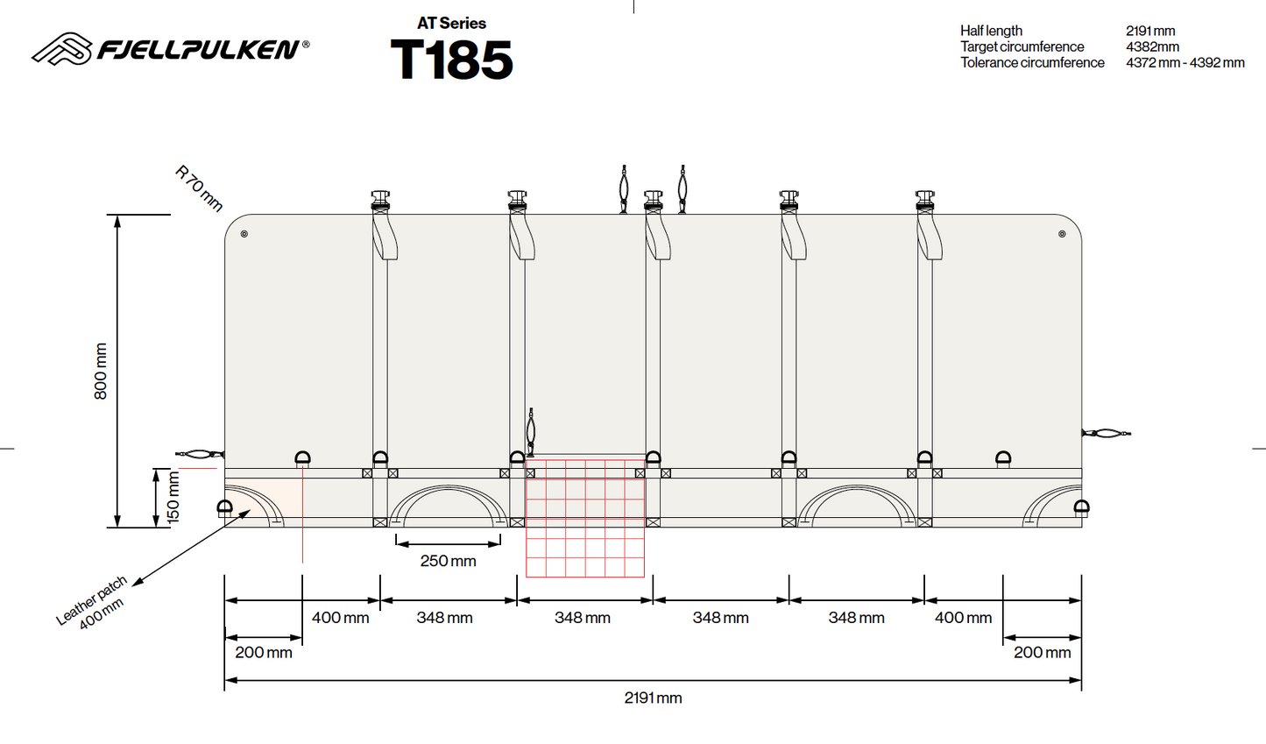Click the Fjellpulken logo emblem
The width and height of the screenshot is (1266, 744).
click(61, 48)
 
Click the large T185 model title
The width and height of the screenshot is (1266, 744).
click(451, 60)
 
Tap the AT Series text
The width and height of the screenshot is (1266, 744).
click(451, 23)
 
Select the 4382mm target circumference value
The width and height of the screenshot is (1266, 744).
click(1152, 46)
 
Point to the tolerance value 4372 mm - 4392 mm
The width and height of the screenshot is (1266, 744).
click(1185, 62)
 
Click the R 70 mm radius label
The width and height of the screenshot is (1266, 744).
click(199, 188)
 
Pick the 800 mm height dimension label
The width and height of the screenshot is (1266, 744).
click(101, 371)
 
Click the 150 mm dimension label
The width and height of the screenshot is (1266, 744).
click(173, 497)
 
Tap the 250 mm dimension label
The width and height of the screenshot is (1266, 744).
click(449, 561)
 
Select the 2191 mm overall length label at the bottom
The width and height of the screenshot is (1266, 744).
click(653, 698)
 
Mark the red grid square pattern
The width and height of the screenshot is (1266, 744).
click(585, 519)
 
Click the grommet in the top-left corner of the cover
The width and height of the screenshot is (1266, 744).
click(244, 233)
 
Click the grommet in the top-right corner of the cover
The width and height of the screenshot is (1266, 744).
click(1062, 233)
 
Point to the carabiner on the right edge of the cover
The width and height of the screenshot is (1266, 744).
click(1107, 434)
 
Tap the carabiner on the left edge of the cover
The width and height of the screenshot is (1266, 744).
click(200, 453)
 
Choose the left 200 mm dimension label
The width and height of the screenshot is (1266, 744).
click(264, 652)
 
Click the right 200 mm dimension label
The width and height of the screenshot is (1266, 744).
click(1043, 652)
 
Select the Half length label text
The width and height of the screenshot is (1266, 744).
click(991, 31)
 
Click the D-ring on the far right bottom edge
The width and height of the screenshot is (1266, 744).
click(1082, 507)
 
